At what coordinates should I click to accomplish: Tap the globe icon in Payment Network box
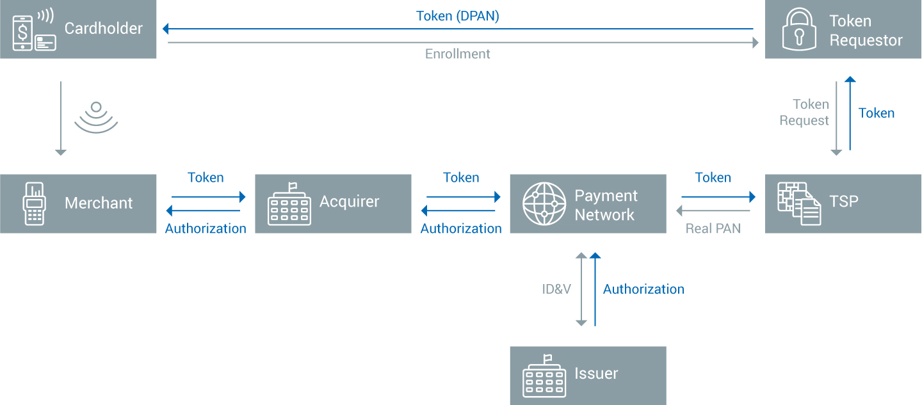[544, 203]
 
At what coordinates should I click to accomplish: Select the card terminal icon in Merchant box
[35, 203]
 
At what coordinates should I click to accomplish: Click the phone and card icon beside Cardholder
[35, 29]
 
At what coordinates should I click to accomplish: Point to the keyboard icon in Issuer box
[544, 376]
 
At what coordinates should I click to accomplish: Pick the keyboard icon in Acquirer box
[289, 203]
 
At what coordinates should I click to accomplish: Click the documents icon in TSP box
[799, 203]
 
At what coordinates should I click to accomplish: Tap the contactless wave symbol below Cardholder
[96, 117]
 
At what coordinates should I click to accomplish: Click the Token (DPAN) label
[457, 16]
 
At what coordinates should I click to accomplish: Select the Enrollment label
[457, 54]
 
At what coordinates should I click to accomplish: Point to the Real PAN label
[713, 228]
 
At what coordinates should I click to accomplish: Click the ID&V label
[556, 289]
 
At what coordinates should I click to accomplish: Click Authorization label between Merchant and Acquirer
[206, 228]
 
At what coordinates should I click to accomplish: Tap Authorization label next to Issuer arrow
[643, 289]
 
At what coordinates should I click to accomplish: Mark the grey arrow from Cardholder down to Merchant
[61, 118]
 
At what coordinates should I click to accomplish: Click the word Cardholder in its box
[104, 28]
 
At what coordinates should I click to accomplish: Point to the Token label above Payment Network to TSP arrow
[713, 177]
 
